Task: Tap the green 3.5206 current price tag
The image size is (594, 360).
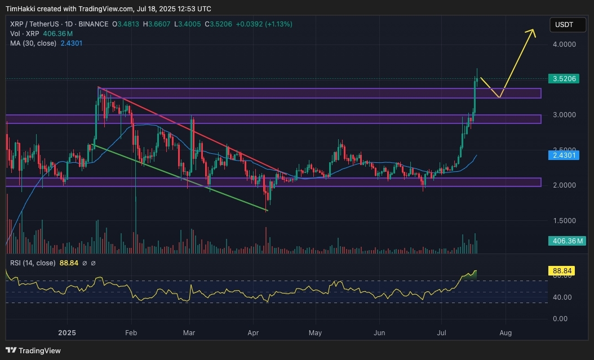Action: [564, 79]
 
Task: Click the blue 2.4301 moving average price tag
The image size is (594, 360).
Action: [564, 155]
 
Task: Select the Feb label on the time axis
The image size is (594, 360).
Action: [131, 332]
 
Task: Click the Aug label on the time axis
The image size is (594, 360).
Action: [506, 332]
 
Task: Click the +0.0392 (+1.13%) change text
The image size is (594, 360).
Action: [260, 24]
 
